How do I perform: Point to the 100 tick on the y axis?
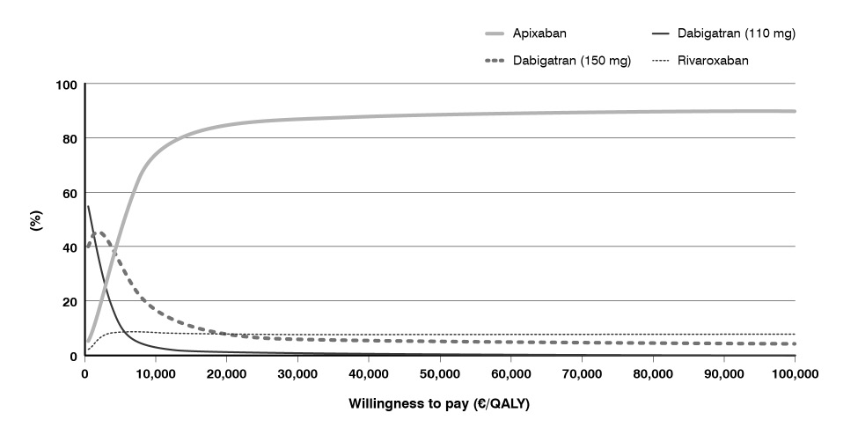coord(67,85)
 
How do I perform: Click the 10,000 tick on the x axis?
coord(156,373)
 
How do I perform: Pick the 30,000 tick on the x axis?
coord(297,373)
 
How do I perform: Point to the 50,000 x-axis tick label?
coord(440,373)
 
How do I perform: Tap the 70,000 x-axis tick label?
coord(583,373)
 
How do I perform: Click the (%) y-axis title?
coord(36,219)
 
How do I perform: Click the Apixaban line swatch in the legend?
coord(503,33)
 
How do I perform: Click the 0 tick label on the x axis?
coord(84,373)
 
